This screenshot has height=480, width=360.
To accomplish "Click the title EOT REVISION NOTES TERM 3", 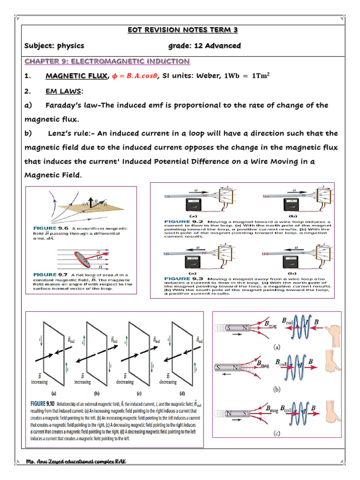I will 183,30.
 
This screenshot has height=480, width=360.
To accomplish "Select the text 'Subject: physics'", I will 54,45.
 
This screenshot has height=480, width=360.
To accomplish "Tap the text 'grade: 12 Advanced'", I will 204,45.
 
